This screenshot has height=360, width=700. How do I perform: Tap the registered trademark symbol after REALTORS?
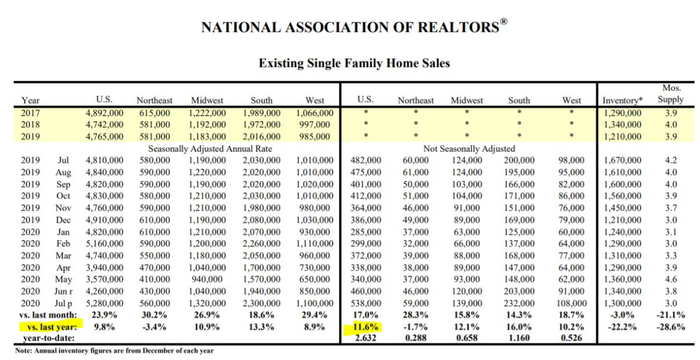[x=503, y=22]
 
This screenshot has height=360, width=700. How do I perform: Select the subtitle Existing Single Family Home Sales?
[x=354, y=63]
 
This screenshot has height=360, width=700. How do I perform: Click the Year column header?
[x=30, y=100]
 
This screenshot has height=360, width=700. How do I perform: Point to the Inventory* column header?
[x=622, y=100]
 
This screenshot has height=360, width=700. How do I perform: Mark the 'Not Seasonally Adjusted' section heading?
[x=469, y=148]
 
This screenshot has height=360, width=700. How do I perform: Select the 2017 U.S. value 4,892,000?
[x=104, y=112]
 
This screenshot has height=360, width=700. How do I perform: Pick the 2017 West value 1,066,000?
[x=315, y=112]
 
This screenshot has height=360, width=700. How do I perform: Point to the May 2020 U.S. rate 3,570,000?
[x=104, y=280]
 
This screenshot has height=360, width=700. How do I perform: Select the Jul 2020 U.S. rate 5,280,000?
[x=104, y=303]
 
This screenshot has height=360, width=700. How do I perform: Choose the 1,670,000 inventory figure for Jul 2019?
[x=622, y=160]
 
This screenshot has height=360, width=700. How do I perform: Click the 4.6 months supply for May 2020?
[x=671, y=280]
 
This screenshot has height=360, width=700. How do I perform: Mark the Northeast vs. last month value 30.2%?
[x=155, y=315]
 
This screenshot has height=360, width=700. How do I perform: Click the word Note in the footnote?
[x=25, y=351]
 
